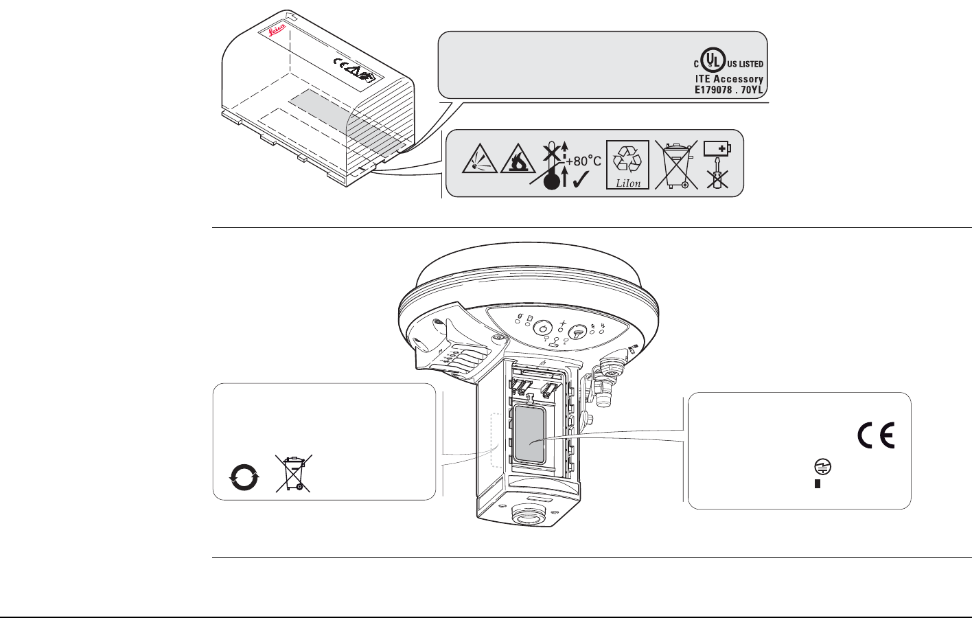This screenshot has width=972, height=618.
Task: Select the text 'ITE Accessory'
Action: click(729, 79)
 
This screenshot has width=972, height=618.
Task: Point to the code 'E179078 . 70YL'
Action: click(729, 90)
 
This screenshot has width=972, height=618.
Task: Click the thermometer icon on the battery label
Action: click(550, 179)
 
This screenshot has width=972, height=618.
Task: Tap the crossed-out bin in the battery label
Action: click(676, 165)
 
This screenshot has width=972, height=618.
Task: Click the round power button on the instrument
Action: click(544, 328)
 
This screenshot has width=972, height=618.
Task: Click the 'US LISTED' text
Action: click(745, 64)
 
